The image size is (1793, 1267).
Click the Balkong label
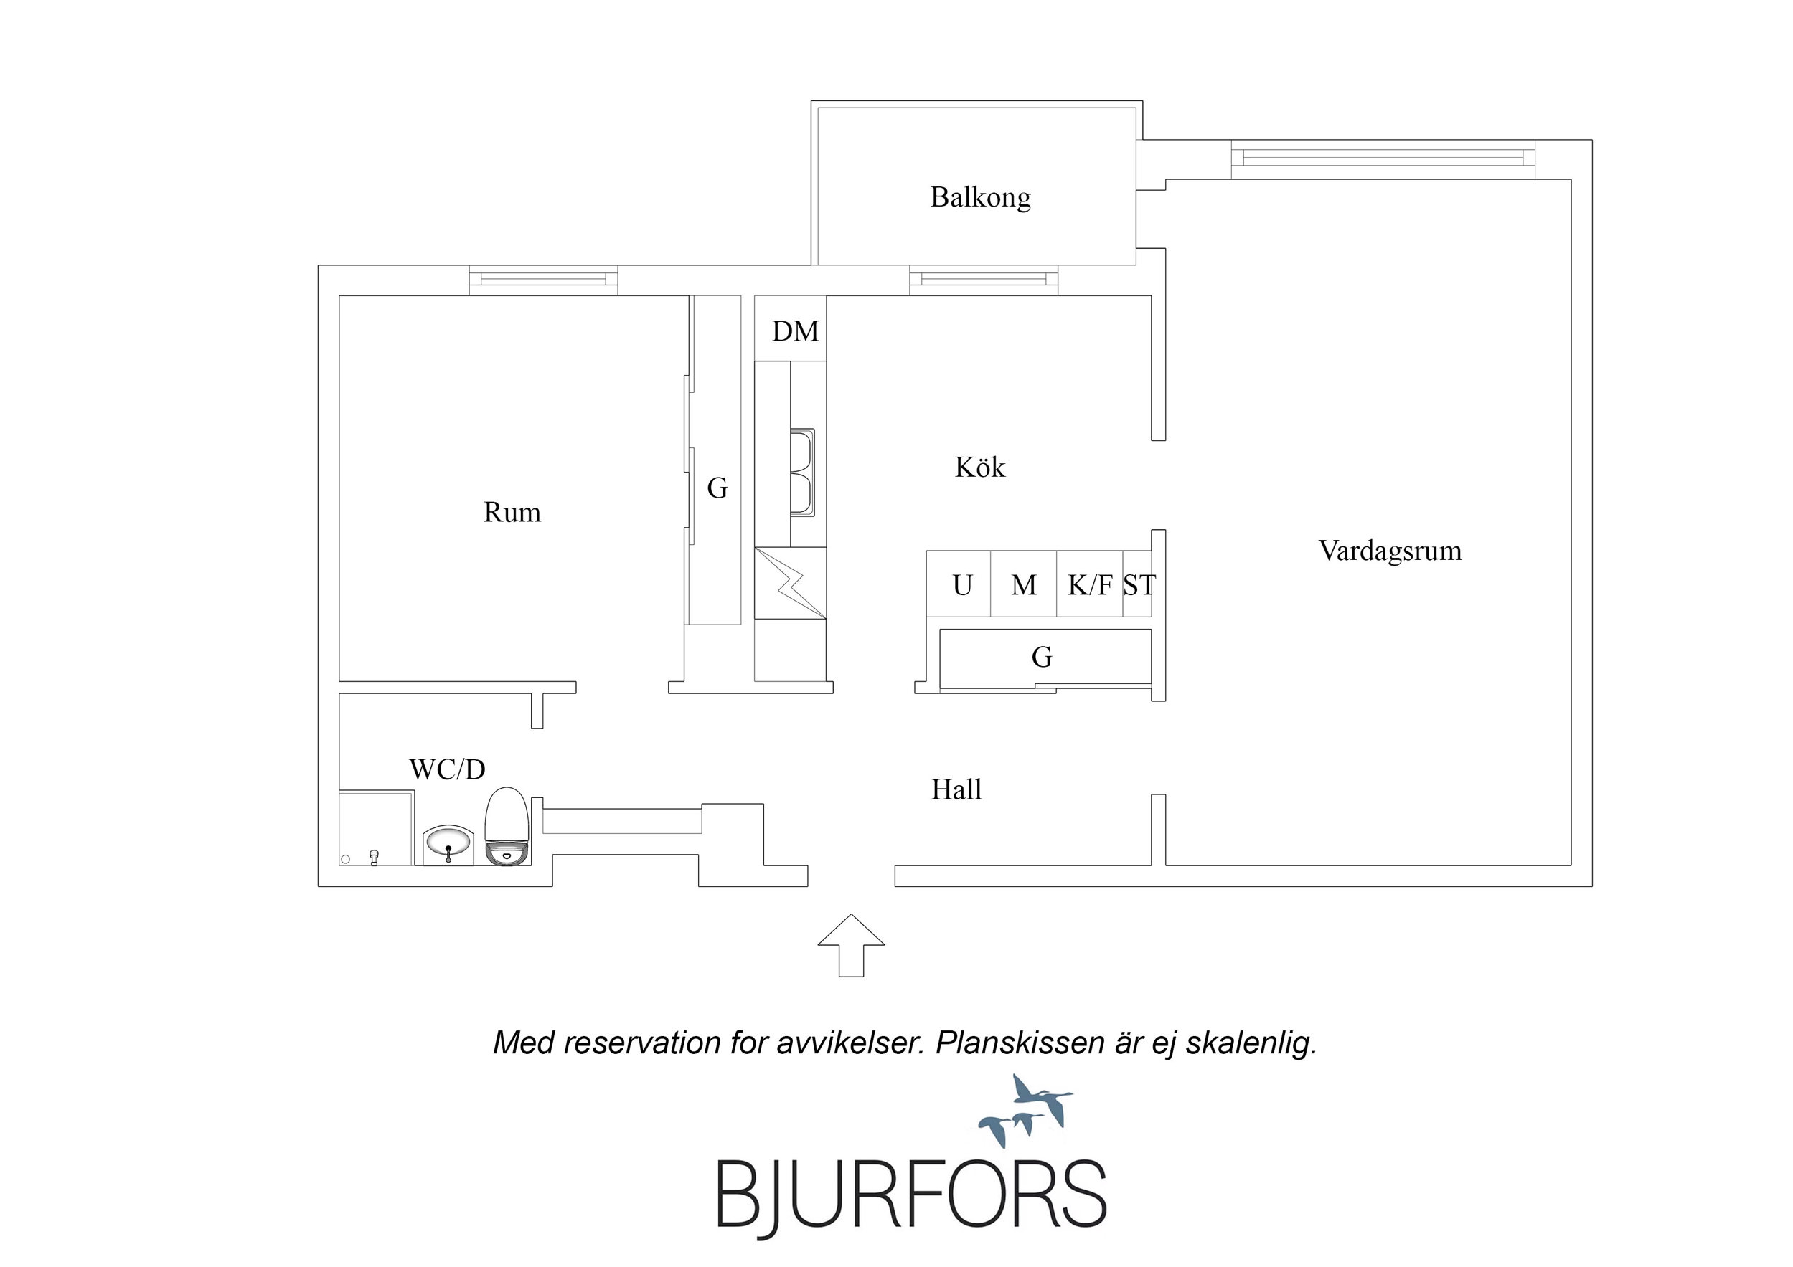980,197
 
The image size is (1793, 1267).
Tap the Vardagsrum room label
1390,551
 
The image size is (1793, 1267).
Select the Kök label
980,467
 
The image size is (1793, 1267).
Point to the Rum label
512,512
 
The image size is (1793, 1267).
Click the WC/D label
448,769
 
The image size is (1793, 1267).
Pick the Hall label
956,790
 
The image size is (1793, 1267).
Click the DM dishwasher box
790,328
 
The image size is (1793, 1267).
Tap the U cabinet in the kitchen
959,584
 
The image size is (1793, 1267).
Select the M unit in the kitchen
1024,584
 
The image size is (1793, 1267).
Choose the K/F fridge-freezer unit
1089,584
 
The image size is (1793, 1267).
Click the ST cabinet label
1139,584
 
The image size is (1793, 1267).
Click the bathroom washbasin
448,845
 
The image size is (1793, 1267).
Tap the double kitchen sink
803,473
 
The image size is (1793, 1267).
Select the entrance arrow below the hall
851,944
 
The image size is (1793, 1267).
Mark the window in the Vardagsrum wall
1383,159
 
